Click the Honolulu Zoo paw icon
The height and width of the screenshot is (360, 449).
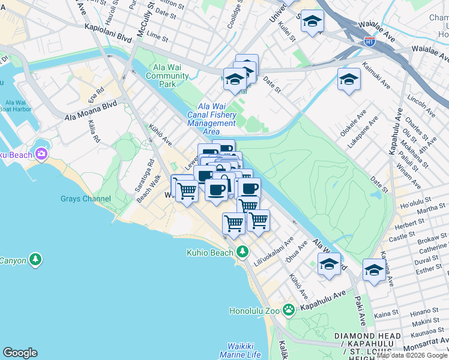click(289, 310)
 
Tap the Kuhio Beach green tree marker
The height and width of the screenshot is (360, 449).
click(243, 252)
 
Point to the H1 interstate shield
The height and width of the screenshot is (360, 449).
click(370, 41)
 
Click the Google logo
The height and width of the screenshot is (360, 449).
click(20, 353)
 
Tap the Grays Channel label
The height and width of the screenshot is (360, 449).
click(85, 199)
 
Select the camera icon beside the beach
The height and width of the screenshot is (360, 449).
click(41, 154)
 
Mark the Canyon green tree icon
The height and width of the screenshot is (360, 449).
click(36, 259)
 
